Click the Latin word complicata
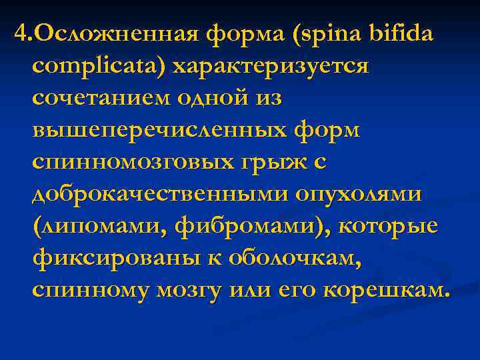point(97,66)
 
